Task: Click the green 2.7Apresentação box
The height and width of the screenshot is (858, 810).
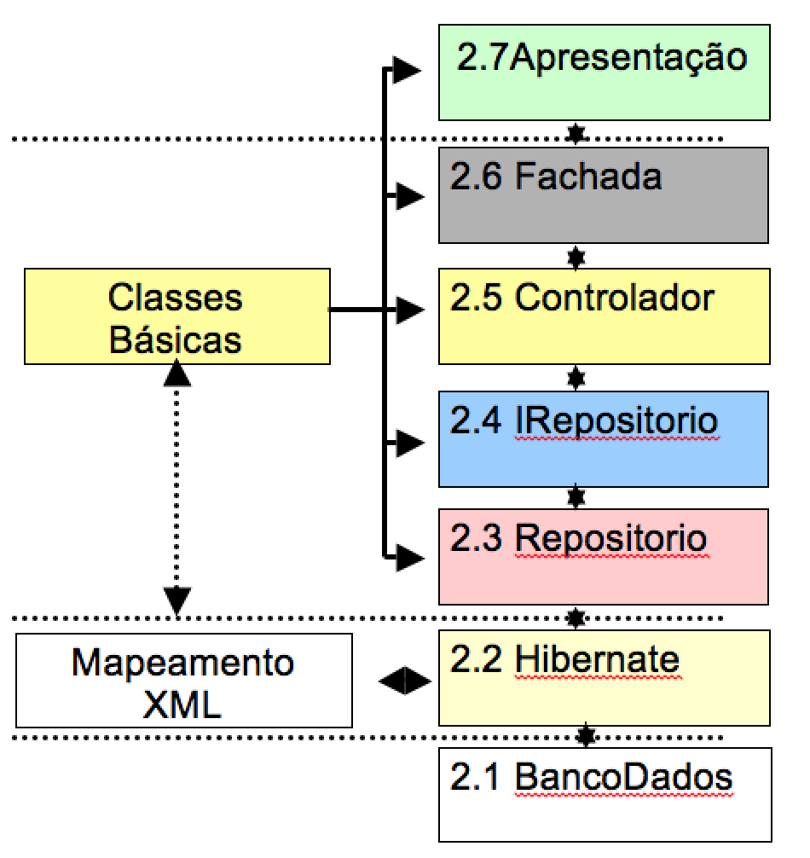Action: click(603, 72)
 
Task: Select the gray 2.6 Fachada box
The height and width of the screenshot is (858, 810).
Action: click(603, 194)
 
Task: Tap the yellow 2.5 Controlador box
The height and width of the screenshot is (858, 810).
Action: click(603, 316)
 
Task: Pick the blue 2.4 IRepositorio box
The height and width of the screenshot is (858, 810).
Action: click(603, 438)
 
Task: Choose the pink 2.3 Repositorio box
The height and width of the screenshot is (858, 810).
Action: click(603, 556)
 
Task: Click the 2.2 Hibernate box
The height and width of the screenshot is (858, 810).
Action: click(603, 677)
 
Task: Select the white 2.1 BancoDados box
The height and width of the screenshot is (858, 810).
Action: click(603, 794)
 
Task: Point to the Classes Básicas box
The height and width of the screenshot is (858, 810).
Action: click(176, 316)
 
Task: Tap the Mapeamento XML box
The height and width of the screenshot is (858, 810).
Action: click(183, 680)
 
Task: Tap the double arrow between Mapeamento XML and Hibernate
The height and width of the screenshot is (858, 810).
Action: click(404, 680)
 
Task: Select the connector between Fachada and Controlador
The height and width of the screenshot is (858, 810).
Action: click(576, 256)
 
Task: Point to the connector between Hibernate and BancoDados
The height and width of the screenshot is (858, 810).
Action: click(585, 736)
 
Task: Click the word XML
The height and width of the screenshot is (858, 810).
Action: click(183, 704)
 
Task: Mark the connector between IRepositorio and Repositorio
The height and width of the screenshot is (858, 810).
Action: click(576, 496)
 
